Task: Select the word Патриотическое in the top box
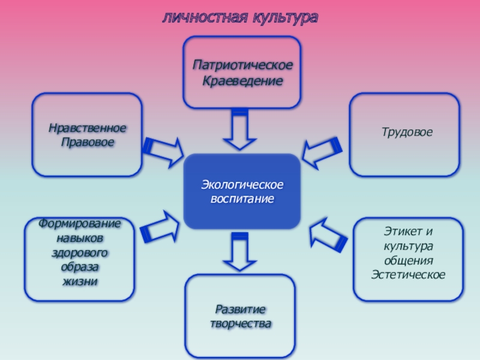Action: point(242,65)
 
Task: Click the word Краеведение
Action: point(242,80)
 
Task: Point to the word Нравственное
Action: point(88,128)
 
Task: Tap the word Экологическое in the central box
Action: point(242,184)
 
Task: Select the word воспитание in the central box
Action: point(242,199)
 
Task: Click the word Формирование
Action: point(79,224)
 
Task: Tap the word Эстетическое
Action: point(408,275)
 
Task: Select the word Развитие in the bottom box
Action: point(240,309)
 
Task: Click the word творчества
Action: point(241,324)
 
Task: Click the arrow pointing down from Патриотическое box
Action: point(239,129)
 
